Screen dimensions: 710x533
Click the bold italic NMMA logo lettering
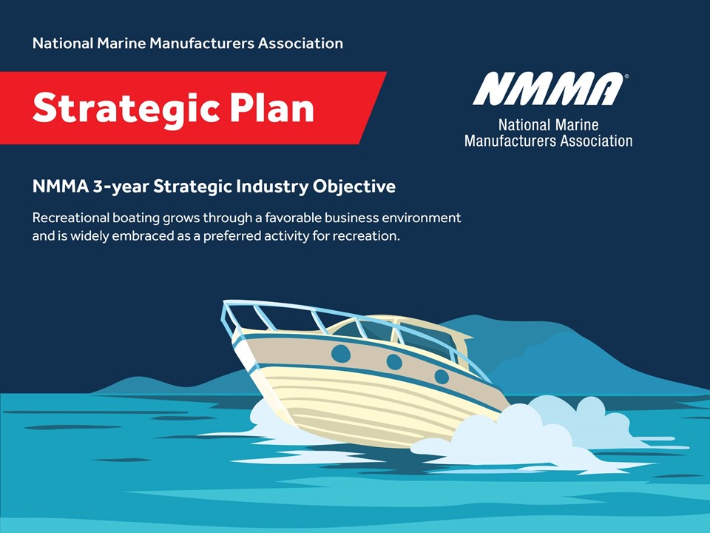(548, 89)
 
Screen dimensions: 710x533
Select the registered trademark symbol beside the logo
(626, 76)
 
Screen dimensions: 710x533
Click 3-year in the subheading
(121, 187)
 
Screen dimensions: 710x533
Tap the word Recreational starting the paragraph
(71, 218)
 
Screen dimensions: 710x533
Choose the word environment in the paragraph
(422, 218)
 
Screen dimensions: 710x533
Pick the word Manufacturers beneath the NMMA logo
(510, 141)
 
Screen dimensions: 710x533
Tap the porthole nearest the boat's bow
(341, 354)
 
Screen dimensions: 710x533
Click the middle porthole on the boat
(394, 362)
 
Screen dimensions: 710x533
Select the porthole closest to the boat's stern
(442, 376)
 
